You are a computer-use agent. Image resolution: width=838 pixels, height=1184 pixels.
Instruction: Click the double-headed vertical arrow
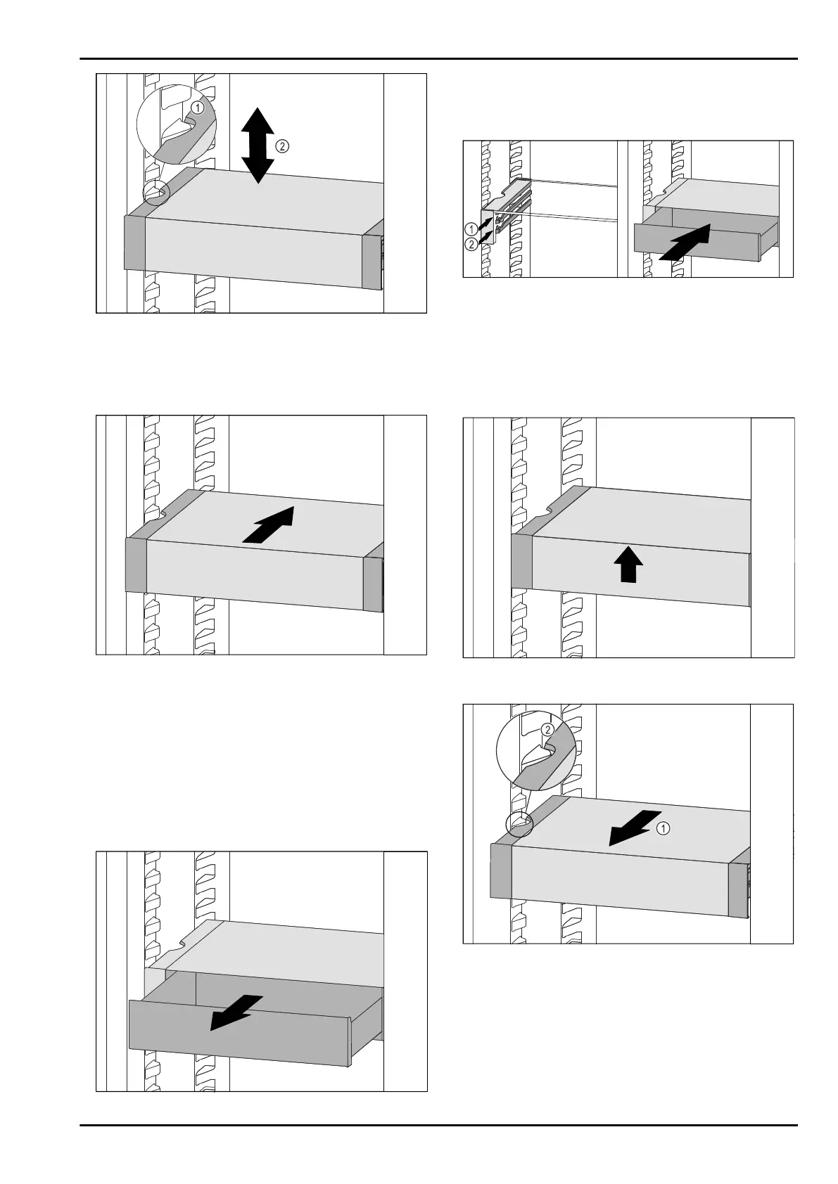[x=260, y=146]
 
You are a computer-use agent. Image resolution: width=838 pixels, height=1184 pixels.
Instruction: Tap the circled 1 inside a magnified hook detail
[x=198, y=108]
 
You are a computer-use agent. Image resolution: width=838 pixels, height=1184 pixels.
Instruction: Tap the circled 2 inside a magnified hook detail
[x=547, y=730]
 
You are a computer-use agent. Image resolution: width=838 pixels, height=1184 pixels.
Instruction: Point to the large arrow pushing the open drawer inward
[x=686, y=243]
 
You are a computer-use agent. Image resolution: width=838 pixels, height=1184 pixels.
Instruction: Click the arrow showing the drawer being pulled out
[x=237, y=1012]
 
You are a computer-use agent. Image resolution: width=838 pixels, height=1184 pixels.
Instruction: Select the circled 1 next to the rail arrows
[x=471, y=229]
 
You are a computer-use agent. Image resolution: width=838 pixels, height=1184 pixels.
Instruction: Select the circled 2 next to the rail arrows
[x=471, y=243]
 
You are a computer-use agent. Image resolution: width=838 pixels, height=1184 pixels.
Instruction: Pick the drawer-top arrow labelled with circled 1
[x=635, y=828]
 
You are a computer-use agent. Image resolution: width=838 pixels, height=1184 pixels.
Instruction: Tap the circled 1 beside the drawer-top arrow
[x=663, y=829]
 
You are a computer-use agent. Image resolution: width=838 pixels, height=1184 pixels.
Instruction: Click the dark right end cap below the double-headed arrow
[x=371, y=262]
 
